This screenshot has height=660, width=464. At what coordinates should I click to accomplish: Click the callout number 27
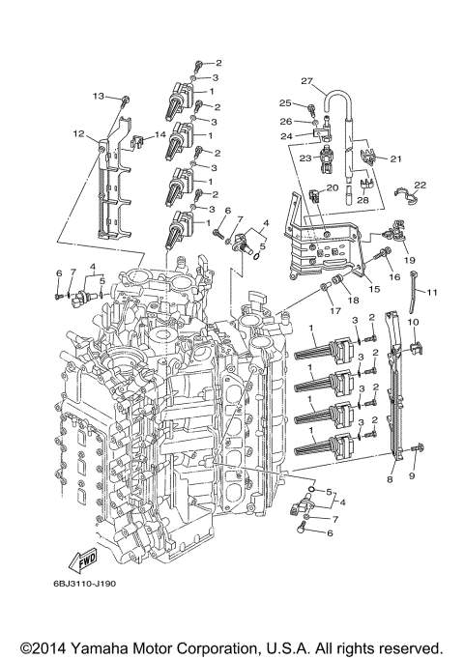(x=306, y=81)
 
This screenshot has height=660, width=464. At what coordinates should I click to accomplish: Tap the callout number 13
(x=98, y=96)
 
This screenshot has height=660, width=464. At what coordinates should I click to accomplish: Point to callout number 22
(x=420, y=184)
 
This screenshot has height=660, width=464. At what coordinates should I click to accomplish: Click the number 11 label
(x=433, y=293)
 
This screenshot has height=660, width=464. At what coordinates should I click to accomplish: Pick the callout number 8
(x=390, y=479)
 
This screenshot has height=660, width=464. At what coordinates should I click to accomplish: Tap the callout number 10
(x=412, y=321)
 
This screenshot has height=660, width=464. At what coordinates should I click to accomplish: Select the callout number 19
(x=408, y=261)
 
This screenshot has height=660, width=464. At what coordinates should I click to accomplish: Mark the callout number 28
(x=362, y=199)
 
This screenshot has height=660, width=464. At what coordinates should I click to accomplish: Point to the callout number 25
(x=285, y=102)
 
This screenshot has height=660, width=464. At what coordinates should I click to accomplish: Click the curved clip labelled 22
(x=413, y=199)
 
